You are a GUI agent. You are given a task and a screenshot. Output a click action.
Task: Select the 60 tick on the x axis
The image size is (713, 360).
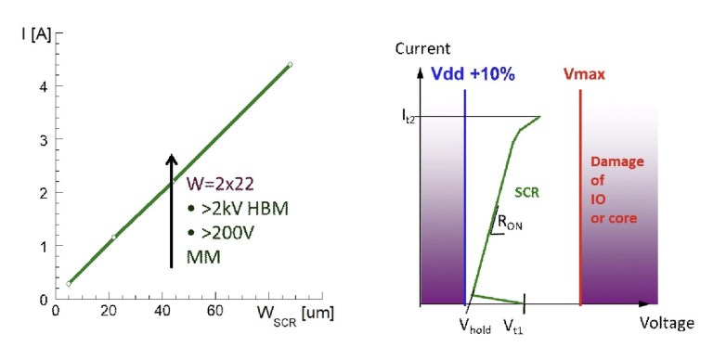[214, 312]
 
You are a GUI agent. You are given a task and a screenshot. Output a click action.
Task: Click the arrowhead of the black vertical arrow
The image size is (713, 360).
[171, 161]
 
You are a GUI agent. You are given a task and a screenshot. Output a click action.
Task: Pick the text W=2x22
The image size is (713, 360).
[219, 167]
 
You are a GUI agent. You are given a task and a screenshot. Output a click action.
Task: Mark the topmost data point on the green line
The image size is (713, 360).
[290, 65]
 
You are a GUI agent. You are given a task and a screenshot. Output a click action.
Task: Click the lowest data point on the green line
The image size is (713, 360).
[69, 284]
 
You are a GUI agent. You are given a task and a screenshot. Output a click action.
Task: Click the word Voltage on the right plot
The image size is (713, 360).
[667, 323]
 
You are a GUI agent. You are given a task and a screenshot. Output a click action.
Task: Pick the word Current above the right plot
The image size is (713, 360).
[422, 47]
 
